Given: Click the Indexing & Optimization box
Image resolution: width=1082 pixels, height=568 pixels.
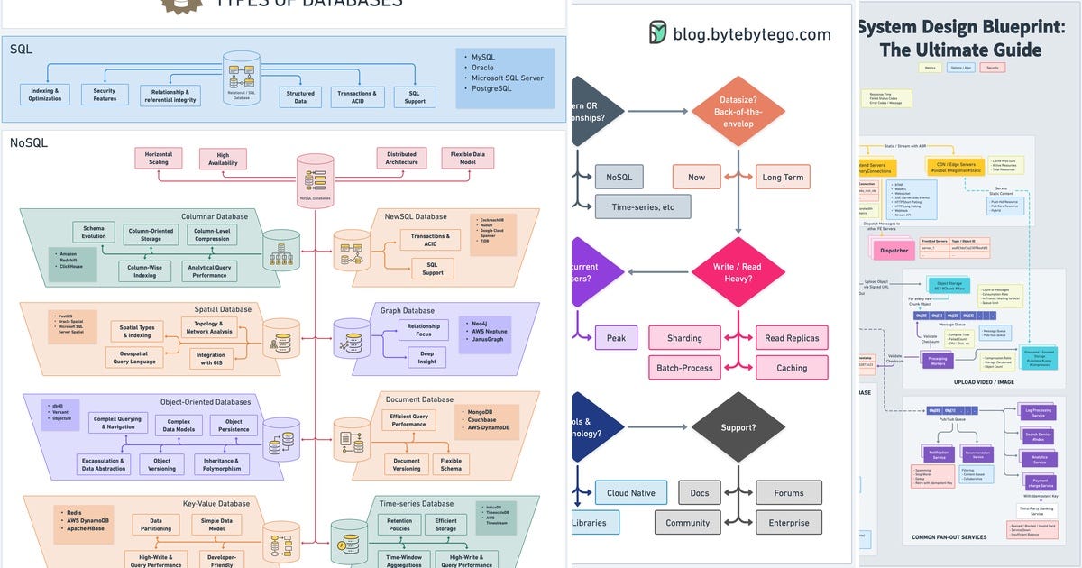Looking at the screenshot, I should (x=45, y=95).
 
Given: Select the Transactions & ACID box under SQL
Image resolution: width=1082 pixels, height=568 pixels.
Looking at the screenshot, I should (x=357, y=96).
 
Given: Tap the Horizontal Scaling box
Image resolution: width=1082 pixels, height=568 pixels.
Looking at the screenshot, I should (x=158, y=158).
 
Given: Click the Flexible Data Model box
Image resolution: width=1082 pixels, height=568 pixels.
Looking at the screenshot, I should (x=467, y=158).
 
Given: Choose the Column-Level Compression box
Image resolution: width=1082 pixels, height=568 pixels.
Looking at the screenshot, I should (x=213, y=234).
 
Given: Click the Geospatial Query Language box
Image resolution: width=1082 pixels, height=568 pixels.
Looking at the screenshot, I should (x=134, y=357).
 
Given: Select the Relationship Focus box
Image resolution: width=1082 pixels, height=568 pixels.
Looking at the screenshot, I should (x=424, y=330).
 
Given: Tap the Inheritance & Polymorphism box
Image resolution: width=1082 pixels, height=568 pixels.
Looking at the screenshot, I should (x=222, y=463).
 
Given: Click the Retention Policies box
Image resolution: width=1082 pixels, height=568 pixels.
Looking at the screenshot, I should (x=399, y=525).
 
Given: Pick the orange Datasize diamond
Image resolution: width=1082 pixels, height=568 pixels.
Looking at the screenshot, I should (x=738, y=112).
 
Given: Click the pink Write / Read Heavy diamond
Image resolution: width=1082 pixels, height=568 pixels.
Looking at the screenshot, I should (x=738, y=272).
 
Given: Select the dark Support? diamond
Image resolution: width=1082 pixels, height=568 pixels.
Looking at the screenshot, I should (x=738, y=426).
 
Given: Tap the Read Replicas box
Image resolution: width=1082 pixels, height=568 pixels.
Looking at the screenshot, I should (x=792, y=338).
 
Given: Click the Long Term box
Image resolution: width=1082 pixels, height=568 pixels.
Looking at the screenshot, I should (x=783, y=177).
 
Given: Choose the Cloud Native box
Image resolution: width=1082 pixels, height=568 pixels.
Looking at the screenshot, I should (x=631, y=493).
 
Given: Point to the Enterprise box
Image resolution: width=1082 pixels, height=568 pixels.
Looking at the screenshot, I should (x=788, y=523).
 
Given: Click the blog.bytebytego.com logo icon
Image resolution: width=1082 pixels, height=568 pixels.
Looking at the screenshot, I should (x=658, y=34).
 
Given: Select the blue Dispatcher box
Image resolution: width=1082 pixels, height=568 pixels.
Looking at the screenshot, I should (x=894, y=251).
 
